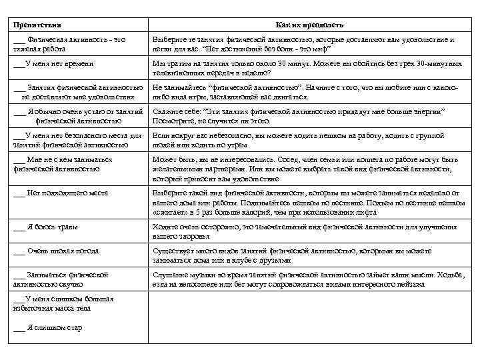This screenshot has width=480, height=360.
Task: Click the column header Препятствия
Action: point(37,25)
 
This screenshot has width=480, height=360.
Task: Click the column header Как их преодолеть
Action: point(309,25)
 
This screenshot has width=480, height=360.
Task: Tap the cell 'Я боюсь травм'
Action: point(53,227)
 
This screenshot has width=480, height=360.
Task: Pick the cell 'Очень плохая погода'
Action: point(63,251)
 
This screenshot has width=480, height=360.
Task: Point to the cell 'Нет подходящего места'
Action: point(67,193)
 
